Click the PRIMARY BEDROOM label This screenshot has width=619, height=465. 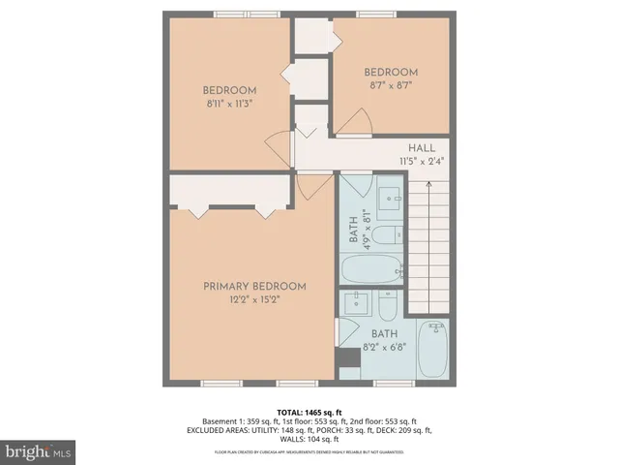pos(254,287)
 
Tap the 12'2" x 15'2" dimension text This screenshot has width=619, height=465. pos(254,300)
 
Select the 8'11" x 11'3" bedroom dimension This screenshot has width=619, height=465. pos(229,105)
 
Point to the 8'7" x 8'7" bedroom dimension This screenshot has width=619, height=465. pos(391,86)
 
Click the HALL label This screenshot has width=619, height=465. pos(421,147)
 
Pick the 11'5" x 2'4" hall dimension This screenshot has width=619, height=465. pos(421,162)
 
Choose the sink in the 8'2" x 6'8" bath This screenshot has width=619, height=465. pos(356,302)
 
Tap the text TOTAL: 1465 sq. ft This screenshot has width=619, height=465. pos(309,412)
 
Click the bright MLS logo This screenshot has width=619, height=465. pos(39,451)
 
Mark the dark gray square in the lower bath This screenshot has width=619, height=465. pos(346,358)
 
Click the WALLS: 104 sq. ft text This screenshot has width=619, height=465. pos(309,439)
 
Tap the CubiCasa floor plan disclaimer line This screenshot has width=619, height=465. pos(309,452)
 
